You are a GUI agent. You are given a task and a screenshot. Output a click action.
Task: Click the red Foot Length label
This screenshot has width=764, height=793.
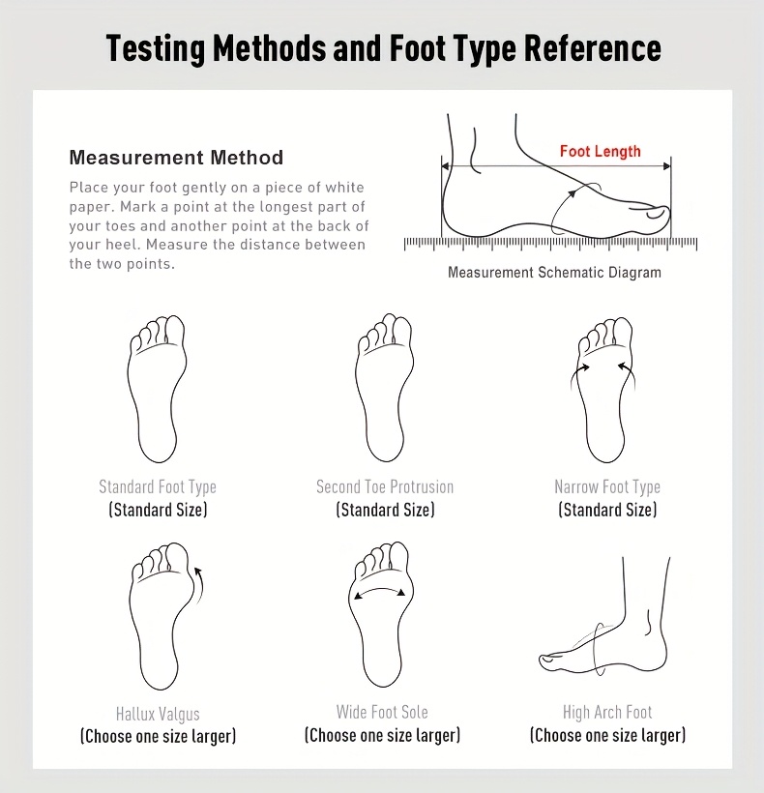coord(601,151)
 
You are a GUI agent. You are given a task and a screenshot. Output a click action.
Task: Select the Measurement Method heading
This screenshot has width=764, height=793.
coord(176,158)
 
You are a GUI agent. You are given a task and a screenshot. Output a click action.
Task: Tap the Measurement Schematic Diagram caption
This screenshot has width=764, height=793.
coord(554,273)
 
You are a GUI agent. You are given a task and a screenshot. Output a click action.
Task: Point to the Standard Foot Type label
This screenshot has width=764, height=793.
coord(158,486)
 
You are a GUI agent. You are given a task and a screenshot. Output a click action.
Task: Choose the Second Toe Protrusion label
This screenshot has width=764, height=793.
coord(385,486)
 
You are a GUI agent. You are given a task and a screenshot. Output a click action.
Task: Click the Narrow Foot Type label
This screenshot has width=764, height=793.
coord(607,486)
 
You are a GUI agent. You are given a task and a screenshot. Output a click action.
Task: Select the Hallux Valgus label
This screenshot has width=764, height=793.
coord(158,714)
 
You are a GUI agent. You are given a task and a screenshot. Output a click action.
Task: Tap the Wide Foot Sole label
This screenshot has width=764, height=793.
coord(382,712)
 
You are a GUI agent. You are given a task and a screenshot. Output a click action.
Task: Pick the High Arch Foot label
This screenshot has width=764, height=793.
coord(607,712)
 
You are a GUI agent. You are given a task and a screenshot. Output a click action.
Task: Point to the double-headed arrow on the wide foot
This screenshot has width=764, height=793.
coord(380,589)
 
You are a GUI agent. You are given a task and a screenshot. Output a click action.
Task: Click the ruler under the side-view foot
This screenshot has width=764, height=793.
coord(550,244)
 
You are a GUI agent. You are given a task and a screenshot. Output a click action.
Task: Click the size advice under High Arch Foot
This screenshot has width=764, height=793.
coord(607,735)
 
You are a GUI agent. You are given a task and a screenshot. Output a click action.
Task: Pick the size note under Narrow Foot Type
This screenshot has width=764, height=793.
coord(607,510)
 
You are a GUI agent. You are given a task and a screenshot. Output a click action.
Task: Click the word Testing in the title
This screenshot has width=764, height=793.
coord(156,49)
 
